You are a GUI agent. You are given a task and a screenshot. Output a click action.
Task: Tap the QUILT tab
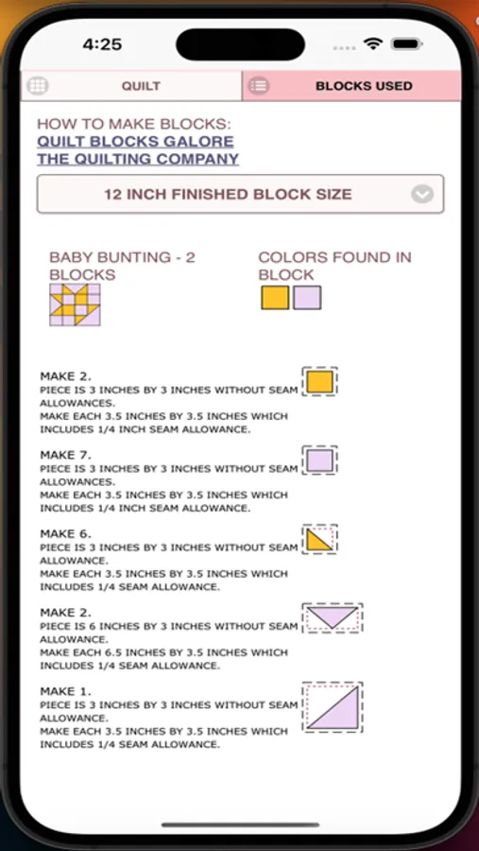point(140,86)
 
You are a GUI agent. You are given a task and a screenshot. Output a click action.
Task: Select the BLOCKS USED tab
point(364,86)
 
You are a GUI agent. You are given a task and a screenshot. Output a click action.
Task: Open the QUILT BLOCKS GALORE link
point(135,141)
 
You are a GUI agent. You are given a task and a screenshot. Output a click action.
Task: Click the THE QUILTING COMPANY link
point(138,159)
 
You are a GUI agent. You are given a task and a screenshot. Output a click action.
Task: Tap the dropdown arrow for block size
point(422,195)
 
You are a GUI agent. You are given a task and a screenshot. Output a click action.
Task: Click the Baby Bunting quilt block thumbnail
point(75,304)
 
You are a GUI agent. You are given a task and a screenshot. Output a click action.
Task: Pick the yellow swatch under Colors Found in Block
point(274,298)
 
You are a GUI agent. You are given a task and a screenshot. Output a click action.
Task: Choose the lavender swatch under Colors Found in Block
point(307,298)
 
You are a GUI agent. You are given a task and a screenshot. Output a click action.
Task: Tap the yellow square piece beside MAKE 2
point(319,382)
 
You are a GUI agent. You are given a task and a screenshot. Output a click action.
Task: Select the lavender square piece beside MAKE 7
point(319,460)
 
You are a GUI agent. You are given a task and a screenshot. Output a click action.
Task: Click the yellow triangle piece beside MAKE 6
point(318,539)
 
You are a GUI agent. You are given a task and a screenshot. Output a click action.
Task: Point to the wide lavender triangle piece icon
point(332,618)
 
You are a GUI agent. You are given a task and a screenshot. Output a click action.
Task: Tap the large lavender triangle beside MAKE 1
point(333,707)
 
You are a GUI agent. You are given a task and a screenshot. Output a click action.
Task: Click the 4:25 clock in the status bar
point(102,43)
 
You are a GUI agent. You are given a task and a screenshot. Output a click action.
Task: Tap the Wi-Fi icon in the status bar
point(374,43)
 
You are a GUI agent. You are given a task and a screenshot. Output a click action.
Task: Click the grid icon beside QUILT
point(38,85)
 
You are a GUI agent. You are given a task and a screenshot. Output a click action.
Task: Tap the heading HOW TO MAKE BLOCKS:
point(133,124)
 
